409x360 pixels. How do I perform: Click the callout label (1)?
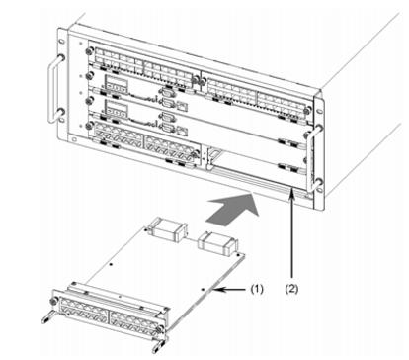pyautogui.click(x=257, y=289)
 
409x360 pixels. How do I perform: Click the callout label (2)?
pyautogui.click(x=291, y=289)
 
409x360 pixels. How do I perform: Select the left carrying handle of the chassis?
pyautogui.click(x=55, y=88)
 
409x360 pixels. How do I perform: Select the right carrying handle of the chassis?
pyautogui.click(x=313, y=159)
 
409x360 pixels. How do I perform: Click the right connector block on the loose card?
pyautogui.click(x=217, y=244)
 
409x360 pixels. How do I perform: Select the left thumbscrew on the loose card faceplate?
pyautogui.click(x=52, y=301)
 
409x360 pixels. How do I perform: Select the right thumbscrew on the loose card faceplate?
pyautogui.click(x=160, y=329)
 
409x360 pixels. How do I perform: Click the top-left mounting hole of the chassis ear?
pyautogui.click(x=61, y=42)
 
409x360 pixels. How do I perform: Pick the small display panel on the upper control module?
pyautogui.click(x=116, y=84)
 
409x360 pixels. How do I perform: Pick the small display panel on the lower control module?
pyautogui.click(x=116, y=110)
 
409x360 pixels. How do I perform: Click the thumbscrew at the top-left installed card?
pyautogui.click(x=88, y=51)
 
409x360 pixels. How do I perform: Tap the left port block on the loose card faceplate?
pyautogui.click(x=83, y=310)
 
